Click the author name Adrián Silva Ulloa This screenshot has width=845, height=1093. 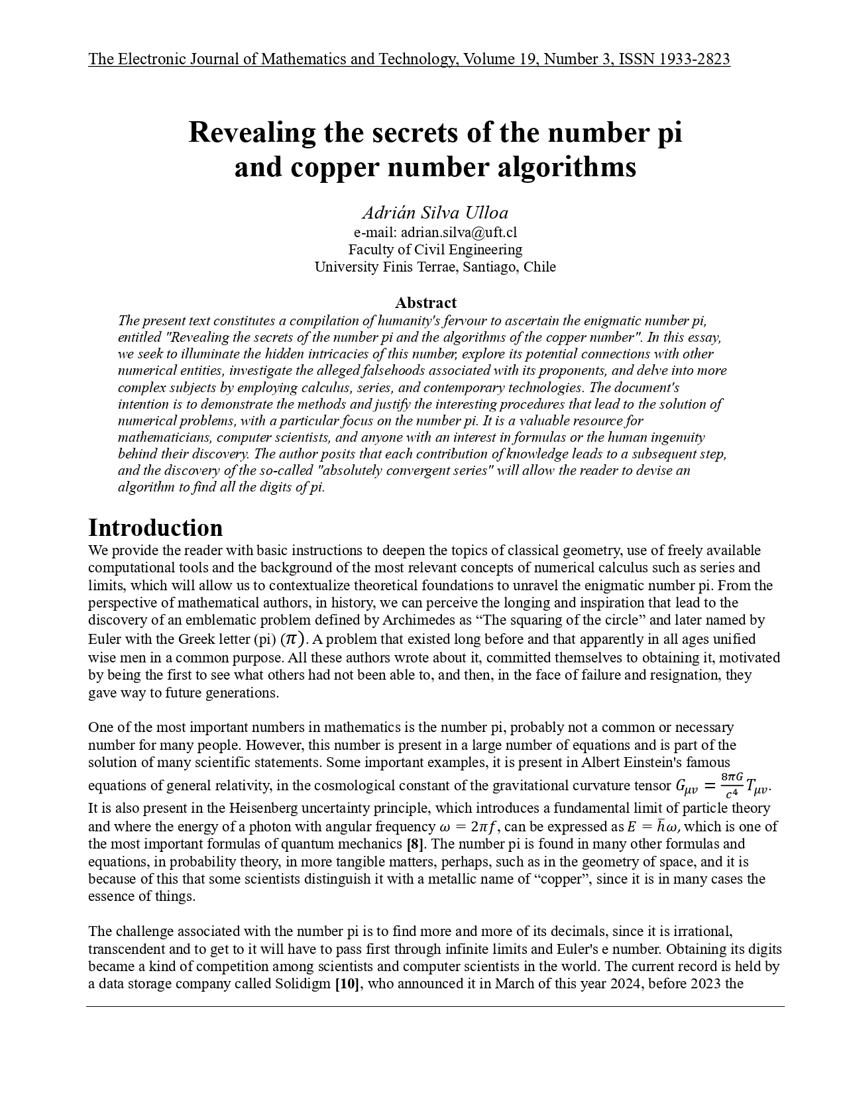coord(435,213)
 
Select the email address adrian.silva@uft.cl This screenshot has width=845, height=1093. coord(459,233)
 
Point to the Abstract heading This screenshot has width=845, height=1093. coord(425,303)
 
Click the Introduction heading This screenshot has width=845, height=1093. coord(156,528)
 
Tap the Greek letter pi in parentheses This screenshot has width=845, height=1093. coord(292,639)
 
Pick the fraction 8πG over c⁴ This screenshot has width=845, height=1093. coord(732,786)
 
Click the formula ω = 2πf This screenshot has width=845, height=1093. coord(469,827)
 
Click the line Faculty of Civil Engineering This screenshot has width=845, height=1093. coord(435,250)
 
